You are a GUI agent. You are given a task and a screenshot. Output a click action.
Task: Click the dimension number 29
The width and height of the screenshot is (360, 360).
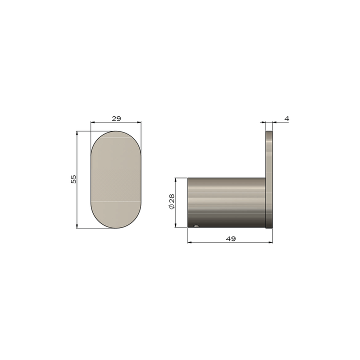116,118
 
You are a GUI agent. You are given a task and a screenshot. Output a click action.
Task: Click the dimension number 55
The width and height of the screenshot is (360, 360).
73,179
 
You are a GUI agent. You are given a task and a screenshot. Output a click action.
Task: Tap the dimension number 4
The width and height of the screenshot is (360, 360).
286,118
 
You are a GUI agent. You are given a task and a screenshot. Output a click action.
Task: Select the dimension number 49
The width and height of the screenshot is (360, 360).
230,238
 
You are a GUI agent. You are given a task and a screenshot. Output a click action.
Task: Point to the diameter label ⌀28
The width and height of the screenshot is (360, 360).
171,202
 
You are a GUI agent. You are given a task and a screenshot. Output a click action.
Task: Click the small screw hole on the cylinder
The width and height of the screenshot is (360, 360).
196,226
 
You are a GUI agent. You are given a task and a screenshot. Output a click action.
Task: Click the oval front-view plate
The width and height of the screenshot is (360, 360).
116,180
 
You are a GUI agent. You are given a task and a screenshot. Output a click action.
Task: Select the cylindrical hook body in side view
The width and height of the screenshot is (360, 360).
225,202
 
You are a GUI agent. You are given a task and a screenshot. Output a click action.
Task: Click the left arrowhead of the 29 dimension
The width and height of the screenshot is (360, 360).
92,122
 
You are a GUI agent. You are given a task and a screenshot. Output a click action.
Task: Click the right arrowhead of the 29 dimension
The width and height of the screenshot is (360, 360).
139,122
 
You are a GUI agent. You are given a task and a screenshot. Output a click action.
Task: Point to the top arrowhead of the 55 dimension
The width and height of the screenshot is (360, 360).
77,133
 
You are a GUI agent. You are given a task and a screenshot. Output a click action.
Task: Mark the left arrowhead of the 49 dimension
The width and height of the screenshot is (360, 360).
189,243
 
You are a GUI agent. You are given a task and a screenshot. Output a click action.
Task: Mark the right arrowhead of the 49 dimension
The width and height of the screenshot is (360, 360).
271,243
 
